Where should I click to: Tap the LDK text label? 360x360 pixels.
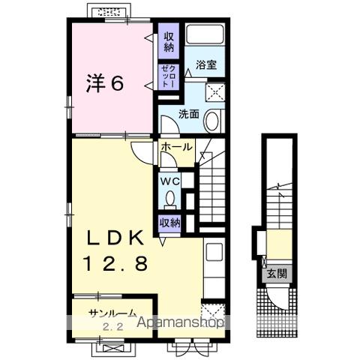click(115, 238)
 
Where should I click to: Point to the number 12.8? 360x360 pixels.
click(115, 264)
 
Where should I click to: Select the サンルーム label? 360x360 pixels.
click(113, 313)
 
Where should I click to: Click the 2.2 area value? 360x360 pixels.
click(113, 326)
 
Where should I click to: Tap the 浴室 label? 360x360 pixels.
click(206, 65)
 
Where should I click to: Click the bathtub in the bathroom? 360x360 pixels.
click(205, 34)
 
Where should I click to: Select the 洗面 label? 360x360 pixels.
click(189, 114)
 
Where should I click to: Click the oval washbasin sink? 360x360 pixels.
click(212, 121)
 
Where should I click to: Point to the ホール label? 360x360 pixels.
click(176, 147)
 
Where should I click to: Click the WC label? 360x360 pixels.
click(170, 181)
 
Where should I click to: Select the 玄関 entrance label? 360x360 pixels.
click(276, 274)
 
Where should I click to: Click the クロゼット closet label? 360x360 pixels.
click(169, 76)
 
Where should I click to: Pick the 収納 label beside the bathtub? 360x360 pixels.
click(169, 42)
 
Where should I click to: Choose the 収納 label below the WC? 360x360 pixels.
click(170, 223)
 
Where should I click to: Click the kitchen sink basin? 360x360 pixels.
click(214, 252)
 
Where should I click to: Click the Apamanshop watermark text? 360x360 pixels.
click(180, 322)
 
